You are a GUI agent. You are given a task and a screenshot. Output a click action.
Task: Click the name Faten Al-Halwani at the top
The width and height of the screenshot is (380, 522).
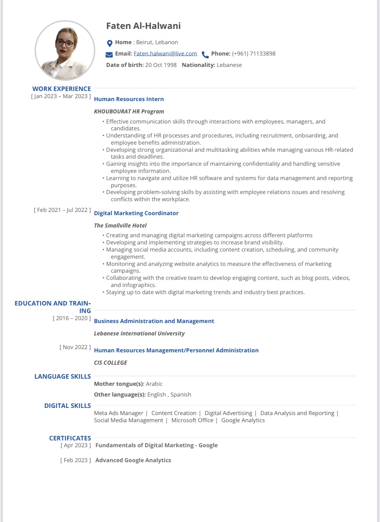143,26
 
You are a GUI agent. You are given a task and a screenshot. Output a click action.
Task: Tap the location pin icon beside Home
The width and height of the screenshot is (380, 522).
110,43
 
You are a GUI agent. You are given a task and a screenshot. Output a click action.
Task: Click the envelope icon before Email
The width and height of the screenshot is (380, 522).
109,54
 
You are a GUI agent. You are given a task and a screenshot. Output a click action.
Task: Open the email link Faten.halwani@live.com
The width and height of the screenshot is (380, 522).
165,54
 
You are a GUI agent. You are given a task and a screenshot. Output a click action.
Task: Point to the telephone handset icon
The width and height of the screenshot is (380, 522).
205,54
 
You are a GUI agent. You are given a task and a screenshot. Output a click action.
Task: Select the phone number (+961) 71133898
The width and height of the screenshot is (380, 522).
254,54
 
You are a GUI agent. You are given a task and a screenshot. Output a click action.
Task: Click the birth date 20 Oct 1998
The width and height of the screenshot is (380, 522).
161,65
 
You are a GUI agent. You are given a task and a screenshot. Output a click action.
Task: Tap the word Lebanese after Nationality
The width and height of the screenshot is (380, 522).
229,65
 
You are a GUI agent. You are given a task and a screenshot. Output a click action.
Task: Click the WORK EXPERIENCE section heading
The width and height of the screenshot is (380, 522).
61,89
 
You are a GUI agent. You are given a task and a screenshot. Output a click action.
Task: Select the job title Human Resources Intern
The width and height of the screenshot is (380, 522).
129,99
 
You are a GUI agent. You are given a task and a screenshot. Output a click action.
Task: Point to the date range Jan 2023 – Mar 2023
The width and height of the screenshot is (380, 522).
61,96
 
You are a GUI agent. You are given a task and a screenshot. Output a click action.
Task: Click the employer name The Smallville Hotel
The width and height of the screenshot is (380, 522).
120,226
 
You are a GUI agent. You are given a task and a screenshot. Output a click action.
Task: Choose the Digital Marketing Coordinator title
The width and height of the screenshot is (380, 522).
136,213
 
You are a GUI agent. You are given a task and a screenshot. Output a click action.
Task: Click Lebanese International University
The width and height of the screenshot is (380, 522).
139,333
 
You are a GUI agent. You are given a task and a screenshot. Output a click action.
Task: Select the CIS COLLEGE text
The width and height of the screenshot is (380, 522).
110,363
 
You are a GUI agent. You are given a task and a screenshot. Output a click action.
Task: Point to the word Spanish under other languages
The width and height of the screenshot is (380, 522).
181,395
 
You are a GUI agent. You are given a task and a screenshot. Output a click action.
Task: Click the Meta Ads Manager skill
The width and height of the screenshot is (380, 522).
119,413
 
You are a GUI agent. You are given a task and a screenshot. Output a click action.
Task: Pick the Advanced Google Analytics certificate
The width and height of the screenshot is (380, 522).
133,460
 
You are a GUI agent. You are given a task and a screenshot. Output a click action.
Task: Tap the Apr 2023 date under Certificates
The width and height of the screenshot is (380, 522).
76,445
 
